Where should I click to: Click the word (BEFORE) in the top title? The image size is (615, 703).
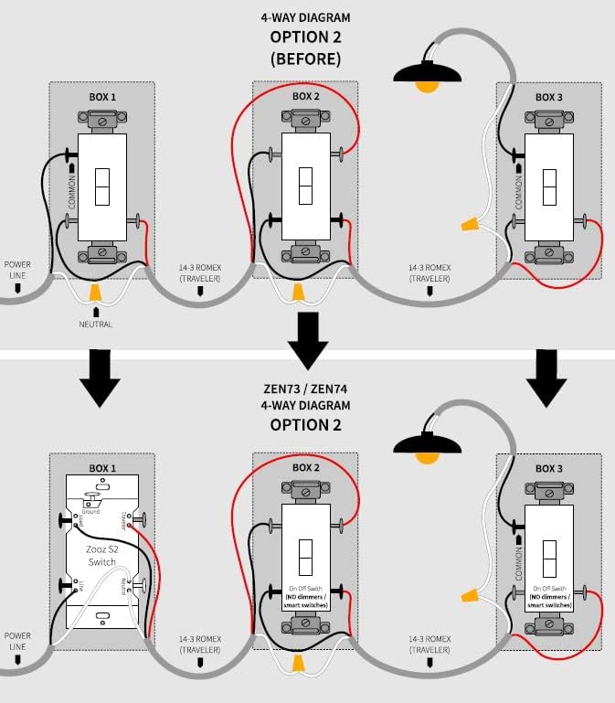[305, 58]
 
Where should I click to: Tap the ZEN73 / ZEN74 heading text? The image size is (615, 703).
[305, 387]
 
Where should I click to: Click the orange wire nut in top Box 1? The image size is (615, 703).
[95, 293]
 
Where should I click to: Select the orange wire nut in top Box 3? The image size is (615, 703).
[471, 222]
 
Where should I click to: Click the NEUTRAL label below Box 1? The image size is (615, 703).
[95, 324]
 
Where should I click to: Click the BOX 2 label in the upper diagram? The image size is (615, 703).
[305, 96]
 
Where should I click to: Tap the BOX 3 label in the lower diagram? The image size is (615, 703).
[548, 468]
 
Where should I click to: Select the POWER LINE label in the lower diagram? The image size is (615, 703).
[18, 640]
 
